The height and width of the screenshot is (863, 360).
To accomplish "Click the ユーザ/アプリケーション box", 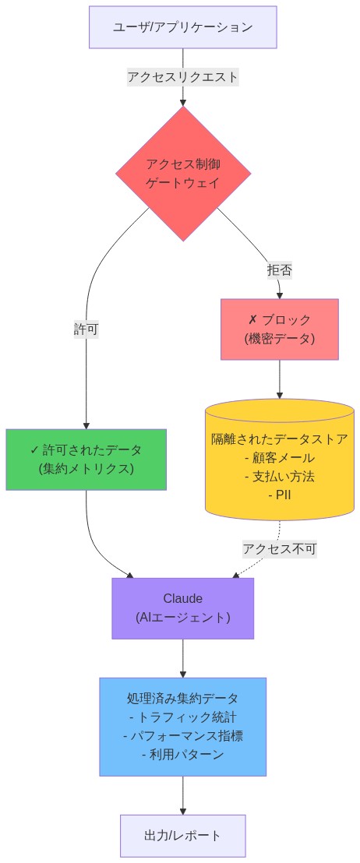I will [x=182, y=27].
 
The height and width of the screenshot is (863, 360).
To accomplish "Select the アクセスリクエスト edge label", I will [x=182, y=77].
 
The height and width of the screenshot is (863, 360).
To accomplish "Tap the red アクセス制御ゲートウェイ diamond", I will [x=183, y=174].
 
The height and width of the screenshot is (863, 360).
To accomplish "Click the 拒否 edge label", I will [x=279, y=270].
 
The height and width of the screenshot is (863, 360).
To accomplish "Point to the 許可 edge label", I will [x=86, y=329].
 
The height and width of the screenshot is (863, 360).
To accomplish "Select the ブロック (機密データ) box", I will [x=279, y=329].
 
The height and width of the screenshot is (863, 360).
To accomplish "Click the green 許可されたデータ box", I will [x=86, y=460].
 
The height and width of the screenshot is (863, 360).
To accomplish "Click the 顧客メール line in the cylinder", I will [x=280, y=457].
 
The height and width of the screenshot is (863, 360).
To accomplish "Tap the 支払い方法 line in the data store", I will [x=280, y=476].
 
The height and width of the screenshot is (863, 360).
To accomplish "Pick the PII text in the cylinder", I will [x=280, y=495].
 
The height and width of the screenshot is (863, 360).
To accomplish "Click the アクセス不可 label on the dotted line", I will [x=279, y=548].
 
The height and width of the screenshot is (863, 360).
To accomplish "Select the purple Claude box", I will [x=182, y=608].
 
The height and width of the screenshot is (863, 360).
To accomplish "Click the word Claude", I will [x=182, y=599].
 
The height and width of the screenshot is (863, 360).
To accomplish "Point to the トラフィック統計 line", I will [x=183, y=717].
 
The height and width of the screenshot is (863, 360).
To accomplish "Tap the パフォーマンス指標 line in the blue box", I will [x=183, y=735].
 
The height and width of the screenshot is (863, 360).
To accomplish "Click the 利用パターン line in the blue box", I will [x=183, y=754].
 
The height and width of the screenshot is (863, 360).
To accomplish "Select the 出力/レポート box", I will [x=182, y=836].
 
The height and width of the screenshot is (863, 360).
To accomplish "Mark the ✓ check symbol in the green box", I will [x=34, y=450].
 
